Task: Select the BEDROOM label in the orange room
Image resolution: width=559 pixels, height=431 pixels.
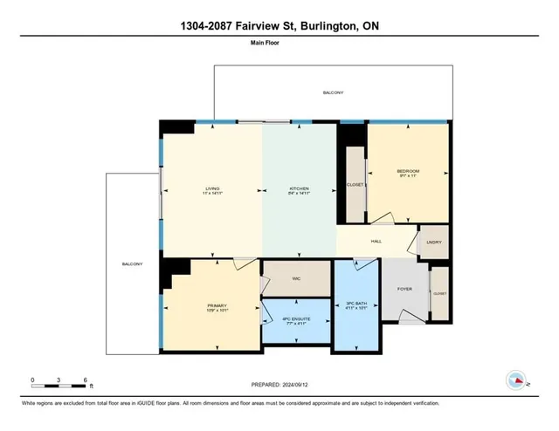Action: pos(408,171)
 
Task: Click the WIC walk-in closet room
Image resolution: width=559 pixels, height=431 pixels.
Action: pos(297,279)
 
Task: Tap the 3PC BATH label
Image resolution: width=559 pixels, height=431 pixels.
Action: pos(356,304)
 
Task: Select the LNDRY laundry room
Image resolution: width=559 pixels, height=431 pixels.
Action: pos(433,243)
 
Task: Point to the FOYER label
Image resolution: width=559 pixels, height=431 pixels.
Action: pos(404,288)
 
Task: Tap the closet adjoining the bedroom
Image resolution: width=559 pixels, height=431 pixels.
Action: pos(354,185)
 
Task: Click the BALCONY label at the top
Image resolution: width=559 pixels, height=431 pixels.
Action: pos(333,92)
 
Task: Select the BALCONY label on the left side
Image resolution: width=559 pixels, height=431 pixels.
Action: pos(133,263)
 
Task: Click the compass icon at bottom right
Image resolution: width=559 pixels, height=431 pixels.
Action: pos(516,380)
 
